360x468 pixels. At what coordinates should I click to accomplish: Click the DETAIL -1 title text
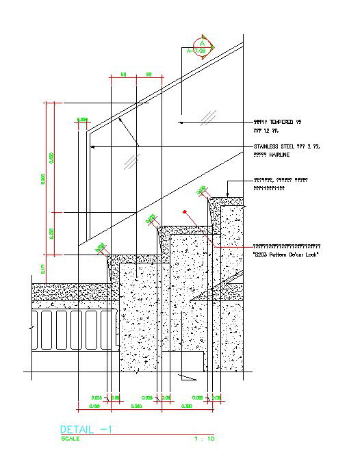pos(86,429)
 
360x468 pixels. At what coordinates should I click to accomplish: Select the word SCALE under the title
pos(70,439)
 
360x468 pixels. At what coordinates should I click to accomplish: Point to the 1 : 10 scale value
pos(205,439)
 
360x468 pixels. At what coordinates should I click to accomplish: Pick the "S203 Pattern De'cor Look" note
pos(286,255)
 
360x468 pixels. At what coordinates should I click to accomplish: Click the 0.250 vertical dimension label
pos(51,233)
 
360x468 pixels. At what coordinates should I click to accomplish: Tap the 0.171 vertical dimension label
pos(43,268)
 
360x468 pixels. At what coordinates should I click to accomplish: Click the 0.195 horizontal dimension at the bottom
pos(95,406)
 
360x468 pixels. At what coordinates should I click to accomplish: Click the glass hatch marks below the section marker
pos(213,114)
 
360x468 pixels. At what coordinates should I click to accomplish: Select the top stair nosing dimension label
pos(202,190)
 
